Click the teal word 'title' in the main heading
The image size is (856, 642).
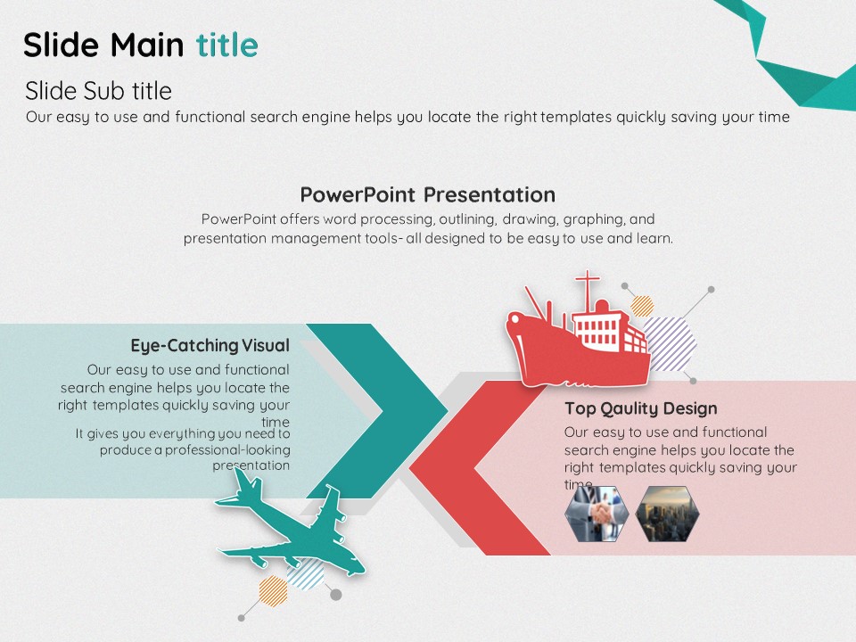click(227, 45)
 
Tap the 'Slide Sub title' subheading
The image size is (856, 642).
click(98, 91)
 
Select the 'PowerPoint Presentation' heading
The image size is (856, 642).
click(427, 195)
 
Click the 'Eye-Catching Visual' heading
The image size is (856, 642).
click(210, 346)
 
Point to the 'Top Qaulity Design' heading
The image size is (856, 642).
click(641, 408)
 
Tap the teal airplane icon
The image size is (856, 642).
click(289, 524)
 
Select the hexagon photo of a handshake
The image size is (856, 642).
click(597, 514)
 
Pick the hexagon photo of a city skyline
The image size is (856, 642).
click(667, 514)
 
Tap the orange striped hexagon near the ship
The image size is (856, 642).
click(642, 306)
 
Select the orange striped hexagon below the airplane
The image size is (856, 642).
click(273, 590)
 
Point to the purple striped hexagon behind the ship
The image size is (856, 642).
click(671, 344)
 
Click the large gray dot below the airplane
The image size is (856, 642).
click(336, 595)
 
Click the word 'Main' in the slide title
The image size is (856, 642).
click(147, 45)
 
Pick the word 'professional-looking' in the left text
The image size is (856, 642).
click(227, 449)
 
